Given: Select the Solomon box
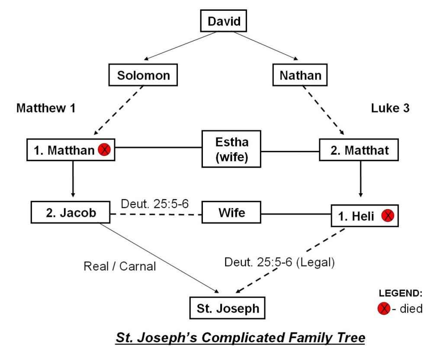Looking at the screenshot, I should point(143,76).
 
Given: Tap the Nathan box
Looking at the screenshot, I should point(300,76).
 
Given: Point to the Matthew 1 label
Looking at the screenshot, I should point(46,108).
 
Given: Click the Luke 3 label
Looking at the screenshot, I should point(390,108).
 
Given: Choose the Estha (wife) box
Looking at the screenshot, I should point(231,149).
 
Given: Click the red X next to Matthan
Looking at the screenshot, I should point(104,150).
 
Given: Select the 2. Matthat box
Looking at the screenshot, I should point(359,150).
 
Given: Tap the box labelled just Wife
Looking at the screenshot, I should point(231,213).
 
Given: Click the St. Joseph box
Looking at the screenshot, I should point(228,308).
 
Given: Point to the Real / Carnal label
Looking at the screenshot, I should point(119,266).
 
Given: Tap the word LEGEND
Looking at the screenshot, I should point(401,293).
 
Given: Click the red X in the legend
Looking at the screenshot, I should point(383,309).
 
